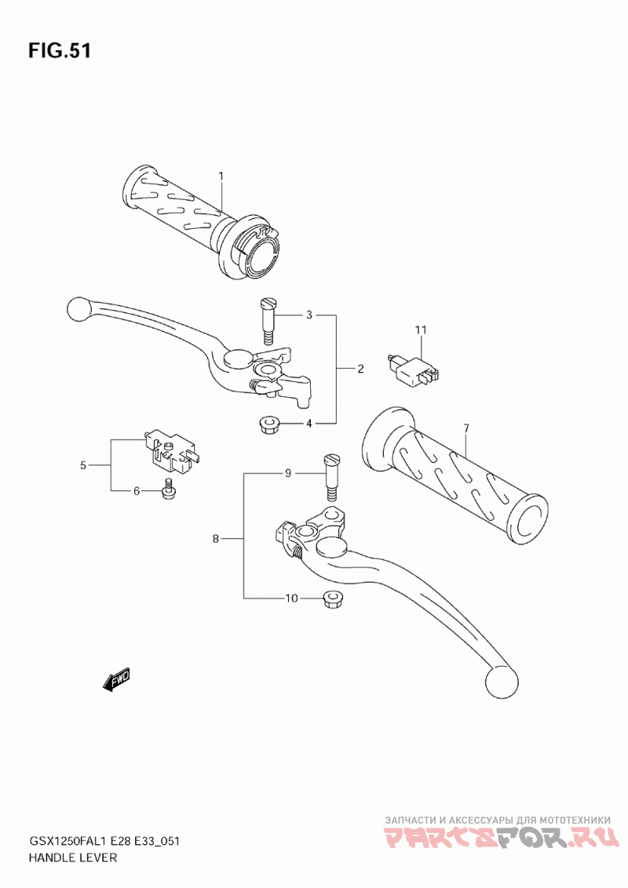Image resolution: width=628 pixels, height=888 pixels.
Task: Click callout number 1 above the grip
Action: click(x=221, y=177)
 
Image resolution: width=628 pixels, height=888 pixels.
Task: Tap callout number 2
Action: click(x=360, y=369)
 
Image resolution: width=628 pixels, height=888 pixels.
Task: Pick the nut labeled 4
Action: click(x=266, y=424)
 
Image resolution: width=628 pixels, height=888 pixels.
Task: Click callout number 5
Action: click(x=82, y=465)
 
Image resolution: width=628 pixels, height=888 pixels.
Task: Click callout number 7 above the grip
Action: click(x=466, y=429)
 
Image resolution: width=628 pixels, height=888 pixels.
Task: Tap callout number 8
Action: click(x=215, y=539)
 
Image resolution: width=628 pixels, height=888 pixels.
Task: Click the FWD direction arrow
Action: click(x=116, y=679)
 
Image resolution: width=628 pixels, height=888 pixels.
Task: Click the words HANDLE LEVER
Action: click(x=72, y=857)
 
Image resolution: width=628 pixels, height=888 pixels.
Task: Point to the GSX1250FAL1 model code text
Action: click(x=72, y=841)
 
